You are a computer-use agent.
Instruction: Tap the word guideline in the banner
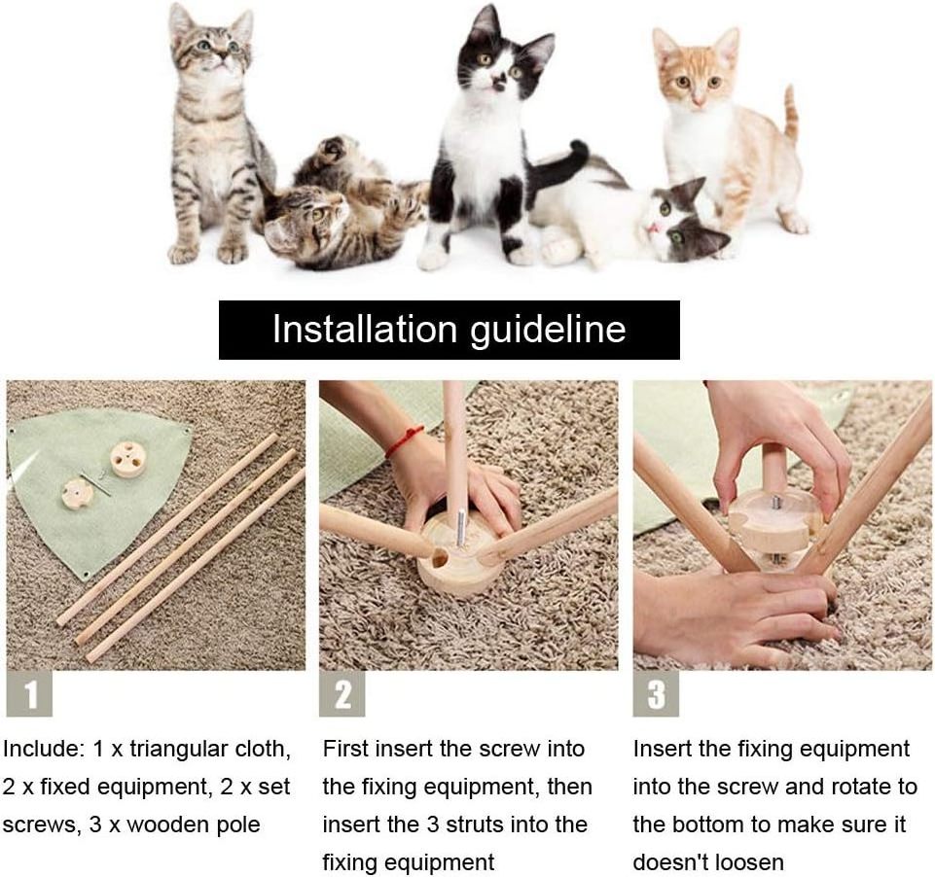coord(548,330)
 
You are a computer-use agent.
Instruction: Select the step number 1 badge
coord(29,693)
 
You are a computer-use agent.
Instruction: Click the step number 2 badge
coord(342,693)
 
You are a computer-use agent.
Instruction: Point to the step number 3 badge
coord(656,693)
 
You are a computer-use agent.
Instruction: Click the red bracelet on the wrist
coord(405,440)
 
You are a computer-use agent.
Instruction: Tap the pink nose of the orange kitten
coord(699,102)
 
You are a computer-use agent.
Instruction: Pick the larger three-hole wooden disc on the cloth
coord(128,458)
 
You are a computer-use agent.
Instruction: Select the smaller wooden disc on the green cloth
coord(78,494)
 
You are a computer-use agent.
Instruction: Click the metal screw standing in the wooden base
coord(460,527)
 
